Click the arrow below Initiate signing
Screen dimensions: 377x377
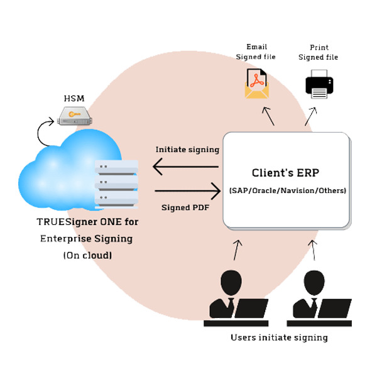[185, 167]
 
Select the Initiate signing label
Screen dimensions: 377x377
[187, 150]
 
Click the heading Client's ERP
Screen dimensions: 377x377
[286, 172]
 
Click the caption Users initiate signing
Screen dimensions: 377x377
[279, 337]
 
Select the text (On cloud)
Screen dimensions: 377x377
[87, 255]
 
